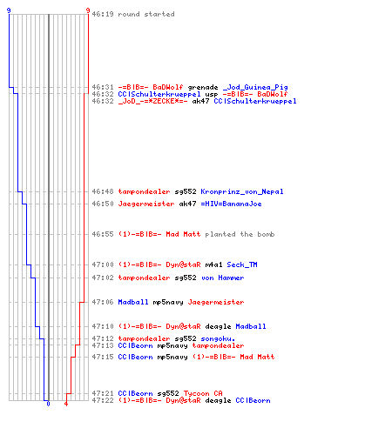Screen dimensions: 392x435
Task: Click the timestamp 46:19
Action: tap(103, 14)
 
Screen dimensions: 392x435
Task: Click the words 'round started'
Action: tap(146, 14)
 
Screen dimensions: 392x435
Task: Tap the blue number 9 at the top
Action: tap(9, 10)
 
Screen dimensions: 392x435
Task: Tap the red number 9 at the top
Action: tap(88, 10)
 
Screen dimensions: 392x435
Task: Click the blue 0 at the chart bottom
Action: tap(48, 404)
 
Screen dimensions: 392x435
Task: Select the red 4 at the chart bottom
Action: tap(66, 404)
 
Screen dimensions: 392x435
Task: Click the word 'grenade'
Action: tap(203, 87)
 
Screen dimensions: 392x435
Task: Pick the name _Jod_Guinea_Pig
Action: tap(255, 87)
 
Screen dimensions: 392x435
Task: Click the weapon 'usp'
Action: tap(212, 94)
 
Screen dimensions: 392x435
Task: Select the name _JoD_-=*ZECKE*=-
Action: tap(152, 101)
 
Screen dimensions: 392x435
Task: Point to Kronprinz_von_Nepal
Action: tap(242, 191)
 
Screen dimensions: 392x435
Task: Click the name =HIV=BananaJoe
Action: tap(231, 204)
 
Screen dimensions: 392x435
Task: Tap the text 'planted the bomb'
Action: tap(240, 234)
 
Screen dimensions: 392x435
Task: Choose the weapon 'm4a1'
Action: tap(213, 264)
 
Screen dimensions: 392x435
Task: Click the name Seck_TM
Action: tap(242, 264)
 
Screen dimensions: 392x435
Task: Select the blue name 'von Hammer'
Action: tap(222, 278)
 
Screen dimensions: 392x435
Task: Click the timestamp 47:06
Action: tap(103, 302)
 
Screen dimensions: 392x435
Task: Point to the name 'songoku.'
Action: tap(218, 338)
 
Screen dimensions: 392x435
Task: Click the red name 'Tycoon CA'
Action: tap(203, 393)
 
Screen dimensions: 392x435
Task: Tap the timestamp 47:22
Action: tap(103, 400)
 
